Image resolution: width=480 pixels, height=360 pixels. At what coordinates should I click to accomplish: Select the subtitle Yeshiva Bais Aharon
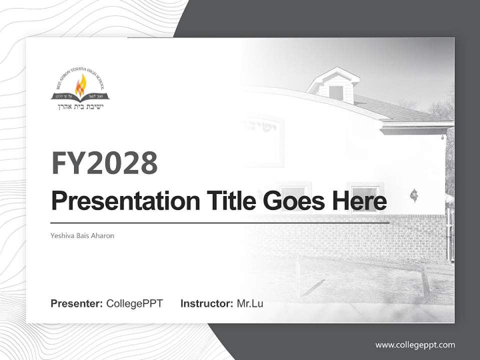82,235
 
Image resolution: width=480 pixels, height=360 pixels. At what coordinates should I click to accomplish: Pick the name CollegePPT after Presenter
134,303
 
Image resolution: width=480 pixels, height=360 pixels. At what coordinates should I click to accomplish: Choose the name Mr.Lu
250,303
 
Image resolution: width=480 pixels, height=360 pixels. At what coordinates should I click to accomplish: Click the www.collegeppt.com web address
415,344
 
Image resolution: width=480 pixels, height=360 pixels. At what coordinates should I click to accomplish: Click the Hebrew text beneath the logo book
80,106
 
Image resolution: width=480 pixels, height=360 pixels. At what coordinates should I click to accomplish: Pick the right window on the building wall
363,192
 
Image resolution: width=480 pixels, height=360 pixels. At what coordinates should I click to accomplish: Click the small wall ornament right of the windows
413,194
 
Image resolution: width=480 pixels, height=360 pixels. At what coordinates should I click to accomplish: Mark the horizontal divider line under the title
220,222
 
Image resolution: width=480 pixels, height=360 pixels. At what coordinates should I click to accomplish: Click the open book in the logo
80,95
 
